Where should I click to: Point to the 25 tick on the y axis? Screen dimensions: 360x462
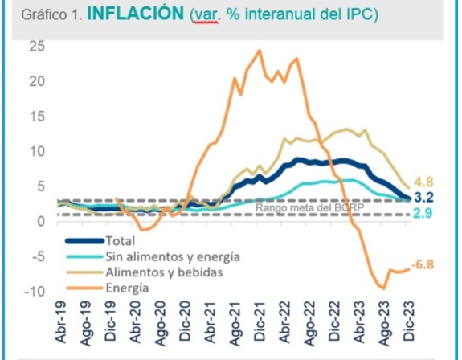click(x=37, y=46)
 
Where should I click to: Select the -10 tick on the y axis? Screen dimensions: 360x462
click(x=35, y=291)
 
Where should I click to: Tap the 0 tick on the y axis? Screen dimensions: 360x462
click(x=41, y=221)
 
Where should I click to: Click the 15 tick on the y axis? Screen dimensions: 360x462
click(x=37, y=116)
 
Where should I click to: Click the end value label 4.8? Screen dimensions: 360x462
click(x=424, y=182)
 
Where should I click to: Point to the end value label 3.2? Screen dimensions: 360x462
click(x=424, y=197)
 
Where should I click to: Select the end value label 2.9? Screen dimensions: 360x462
click(x=424, y=213)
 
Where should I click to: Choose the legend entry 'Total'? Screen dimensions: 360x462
click(x=121, y=240)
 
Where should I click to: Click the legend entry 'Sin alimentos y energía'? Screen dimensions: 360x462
click(x=172, y=256)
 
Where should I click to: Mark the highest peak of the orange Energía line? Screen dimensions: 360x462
click(x=259, y=51)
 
